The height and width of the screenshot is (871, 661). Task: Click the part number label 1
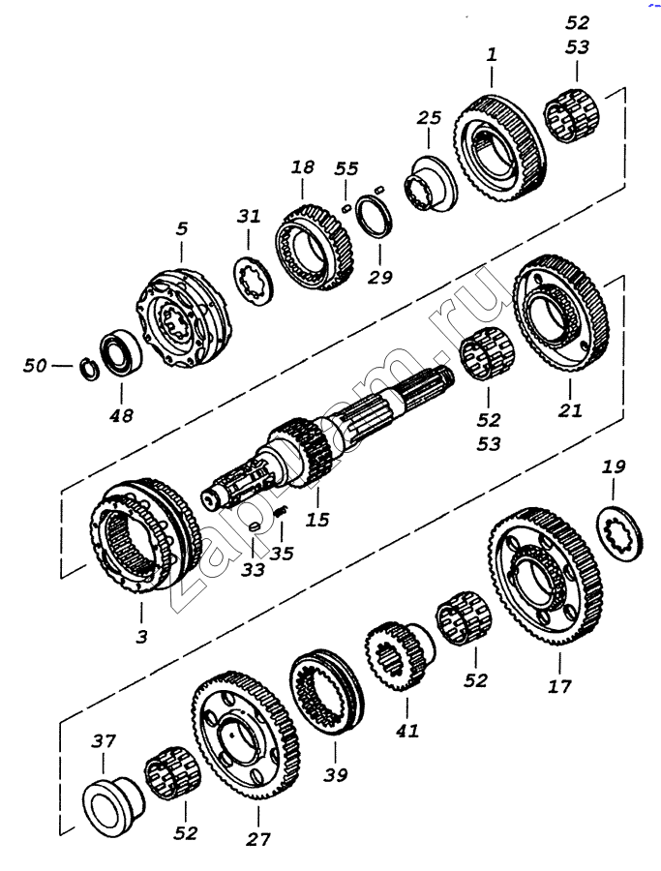pos(491,55)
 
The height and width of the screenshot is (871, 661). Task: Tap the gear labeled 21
pos(561,315)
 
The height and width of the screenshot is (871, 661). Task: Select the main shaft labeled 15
pos(328,437)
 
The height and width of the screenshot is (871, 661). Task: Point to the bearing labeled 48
pos(121,353)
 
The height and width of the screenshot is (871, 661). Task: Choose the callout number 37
pos(104,741)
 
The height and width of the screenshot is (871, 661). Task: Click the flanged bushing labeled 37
pos(112,805)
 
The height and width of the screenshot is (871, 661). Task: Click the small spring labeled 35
pos(282,513)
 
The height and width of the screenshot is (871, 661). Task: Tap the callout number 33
pos(253,569)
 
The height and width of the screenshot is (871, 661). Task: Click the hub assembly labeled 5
pos(183,318)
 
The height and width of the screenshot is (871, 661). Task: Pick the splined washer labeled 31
pos(254,280)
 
